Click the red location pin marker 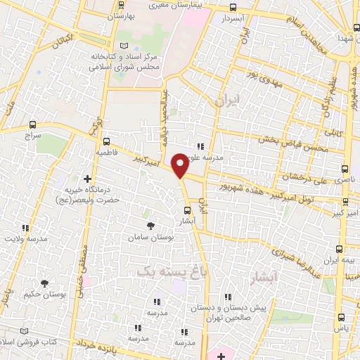[x=180, y=165]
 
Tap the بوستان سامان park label [x=151, y=238]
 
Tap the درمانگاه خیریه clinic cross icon [x=88, y=179]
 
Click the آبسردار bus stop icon [x=233, y=8]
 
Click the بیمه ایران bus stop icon [x=340, y=249]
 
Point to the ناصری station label [x=333, y=181]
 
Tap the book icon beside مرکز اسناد [x=124, y=46]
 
